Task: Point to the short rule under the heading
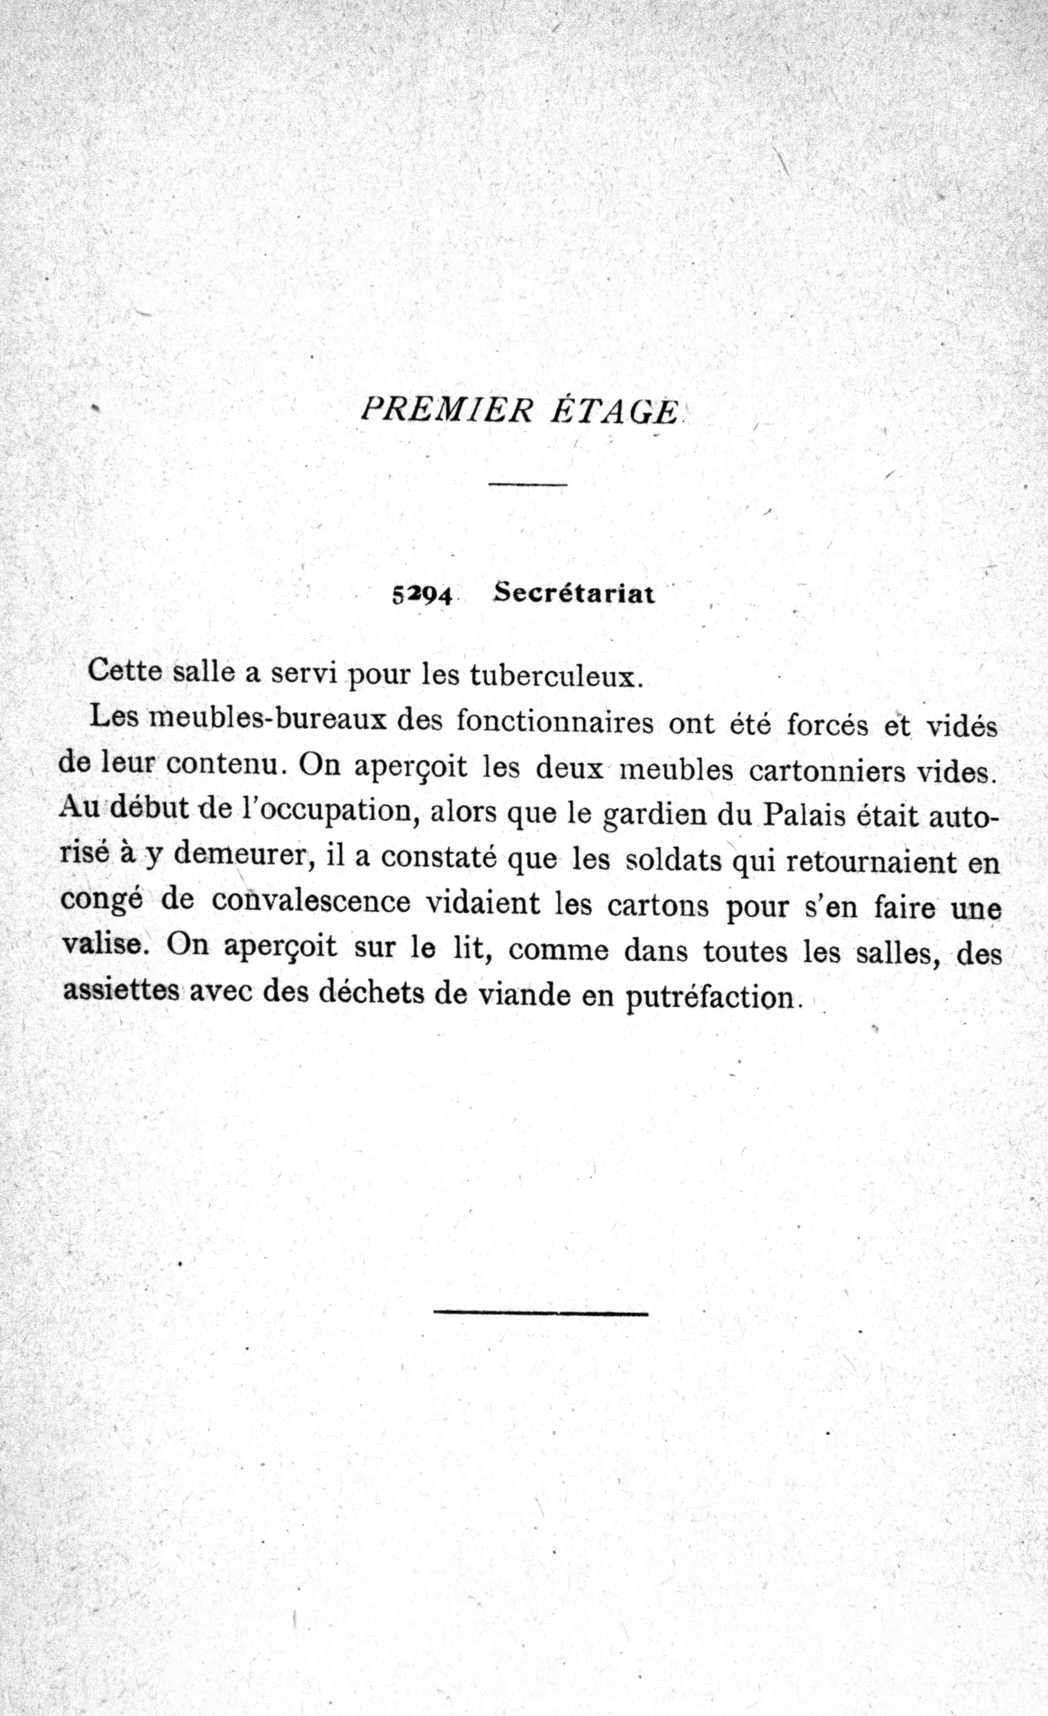tap(528, 484)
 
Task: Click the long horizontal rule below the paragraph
tap(540, 1313)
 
